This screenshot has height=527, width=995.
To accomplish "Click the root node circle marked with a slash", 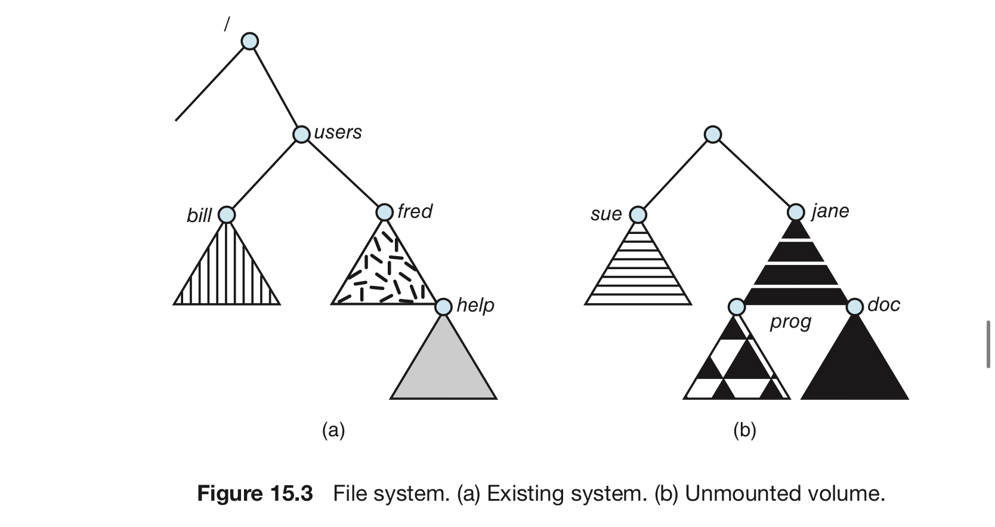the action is [x=249, y=41].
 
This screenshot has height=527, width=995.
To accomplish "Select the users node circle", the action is [x=302, y=134].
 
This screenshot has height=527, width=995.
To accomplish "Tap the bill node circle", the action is [x=227, y=215].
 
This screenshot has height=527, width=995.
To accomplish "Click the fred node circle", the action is [x=385, y=212].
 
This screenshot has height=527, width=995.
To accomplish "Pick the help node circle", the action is [x=443, y=307].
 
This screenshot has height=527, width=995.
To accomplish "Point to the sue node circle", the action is [x=638, y=215].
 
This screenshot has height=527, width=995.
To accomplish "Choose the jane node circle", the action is [x=796, y=212].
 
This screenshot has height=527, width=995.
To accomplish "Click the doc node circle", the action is [x=855, y=307].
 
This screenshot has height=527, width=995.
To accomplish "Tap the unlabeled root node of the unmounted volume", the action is [x=713, y=134].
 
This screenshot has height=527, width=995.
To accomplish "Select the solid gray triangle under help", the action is [x=443, y=369].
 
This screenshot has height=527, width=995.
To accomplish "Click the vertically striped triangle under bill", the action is [x=227, y=276].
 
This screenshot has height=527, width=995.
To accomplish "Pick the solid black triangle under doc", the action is [x=855, y=369].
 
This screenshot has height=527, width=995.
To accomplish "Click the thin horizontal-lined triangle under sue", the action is [x=638, y=276].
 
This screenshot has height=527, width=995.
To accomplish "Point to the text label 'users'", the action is [x=338, y=132].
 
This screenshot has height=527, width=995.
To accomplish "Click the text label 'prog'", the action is [x=790, y=322].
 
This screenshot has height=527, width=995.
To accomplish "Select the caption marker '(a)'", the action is [x=333, y=430].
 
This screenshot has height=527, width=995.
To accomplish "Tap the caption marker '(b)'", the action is [x=745, y=430].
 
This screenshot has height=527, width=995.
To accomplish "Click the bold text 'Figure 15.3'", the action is [x=255, y=493].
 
